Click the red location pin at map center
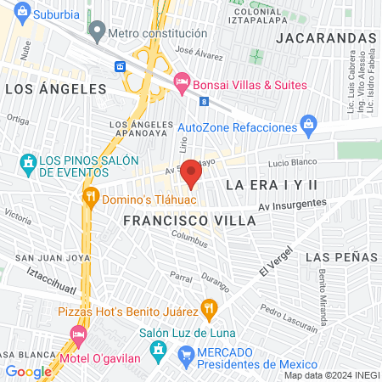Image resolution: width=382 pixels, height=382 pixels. tap(191, 174)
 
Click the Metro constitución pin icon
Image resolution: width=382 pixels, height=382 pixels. tap(97, 33)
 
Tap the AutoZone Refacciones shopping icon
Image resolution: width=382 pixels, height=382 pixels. tap(311, 126)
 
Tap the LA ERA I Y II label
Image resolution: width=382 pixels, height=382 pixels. tap(271, 183)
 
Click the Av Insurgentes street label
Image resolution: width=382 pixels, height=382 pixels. tap(292, 204)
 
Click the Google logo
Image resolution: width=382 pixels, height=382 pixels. tap(28, 371)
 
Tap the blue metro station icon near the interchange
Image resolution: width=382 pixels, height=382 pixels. tap(121, 66)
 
